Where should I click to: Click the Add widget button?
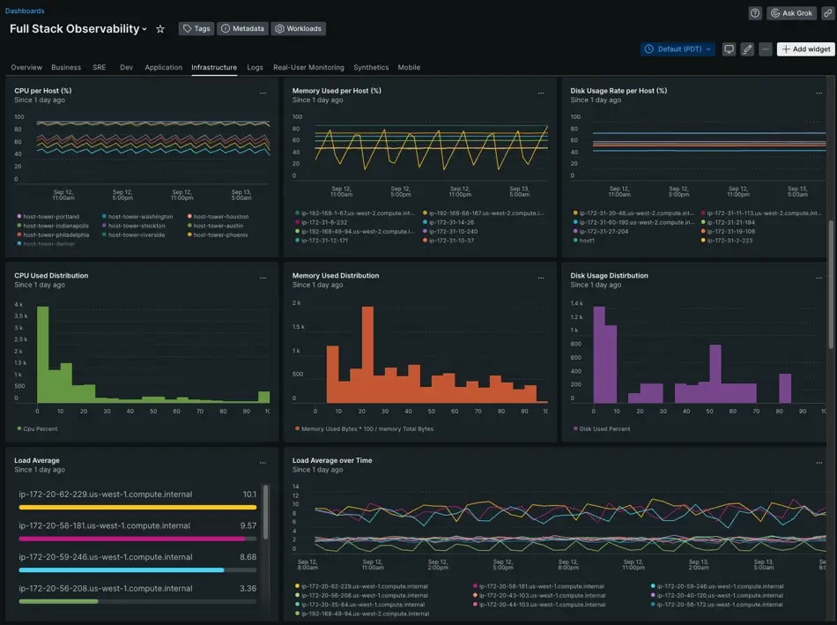[x=805, y=49]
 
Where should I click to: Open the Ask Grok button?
[x=791, y=13]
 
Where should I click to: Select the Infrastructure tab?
[x=213, y=67]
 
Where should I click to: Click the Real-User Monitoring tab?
[x=308, y=67]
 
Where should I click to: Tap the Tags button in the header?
[x=196, y=28]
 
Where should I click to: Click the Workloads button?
[x=298, y=28]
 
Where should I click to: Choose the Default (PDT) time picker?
[x=678, y=49]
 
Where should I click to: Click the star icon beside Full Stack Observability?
[x=160, y=29]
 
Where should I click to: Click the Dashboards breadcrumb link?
[x=25, y=11]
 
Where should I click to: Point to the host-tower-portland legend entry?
[x=50, y=217]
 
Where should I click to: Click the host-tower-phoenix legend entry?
[x=220, y=235]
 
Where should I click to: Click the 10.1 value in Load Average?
[x=249, y=495]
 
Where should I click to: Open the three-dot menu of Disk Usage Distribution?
[x=818, y=277]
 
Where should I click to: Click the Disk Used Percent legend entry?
[x=604, y=428]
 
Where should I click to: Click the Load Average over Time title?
[x=331, y=460]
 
